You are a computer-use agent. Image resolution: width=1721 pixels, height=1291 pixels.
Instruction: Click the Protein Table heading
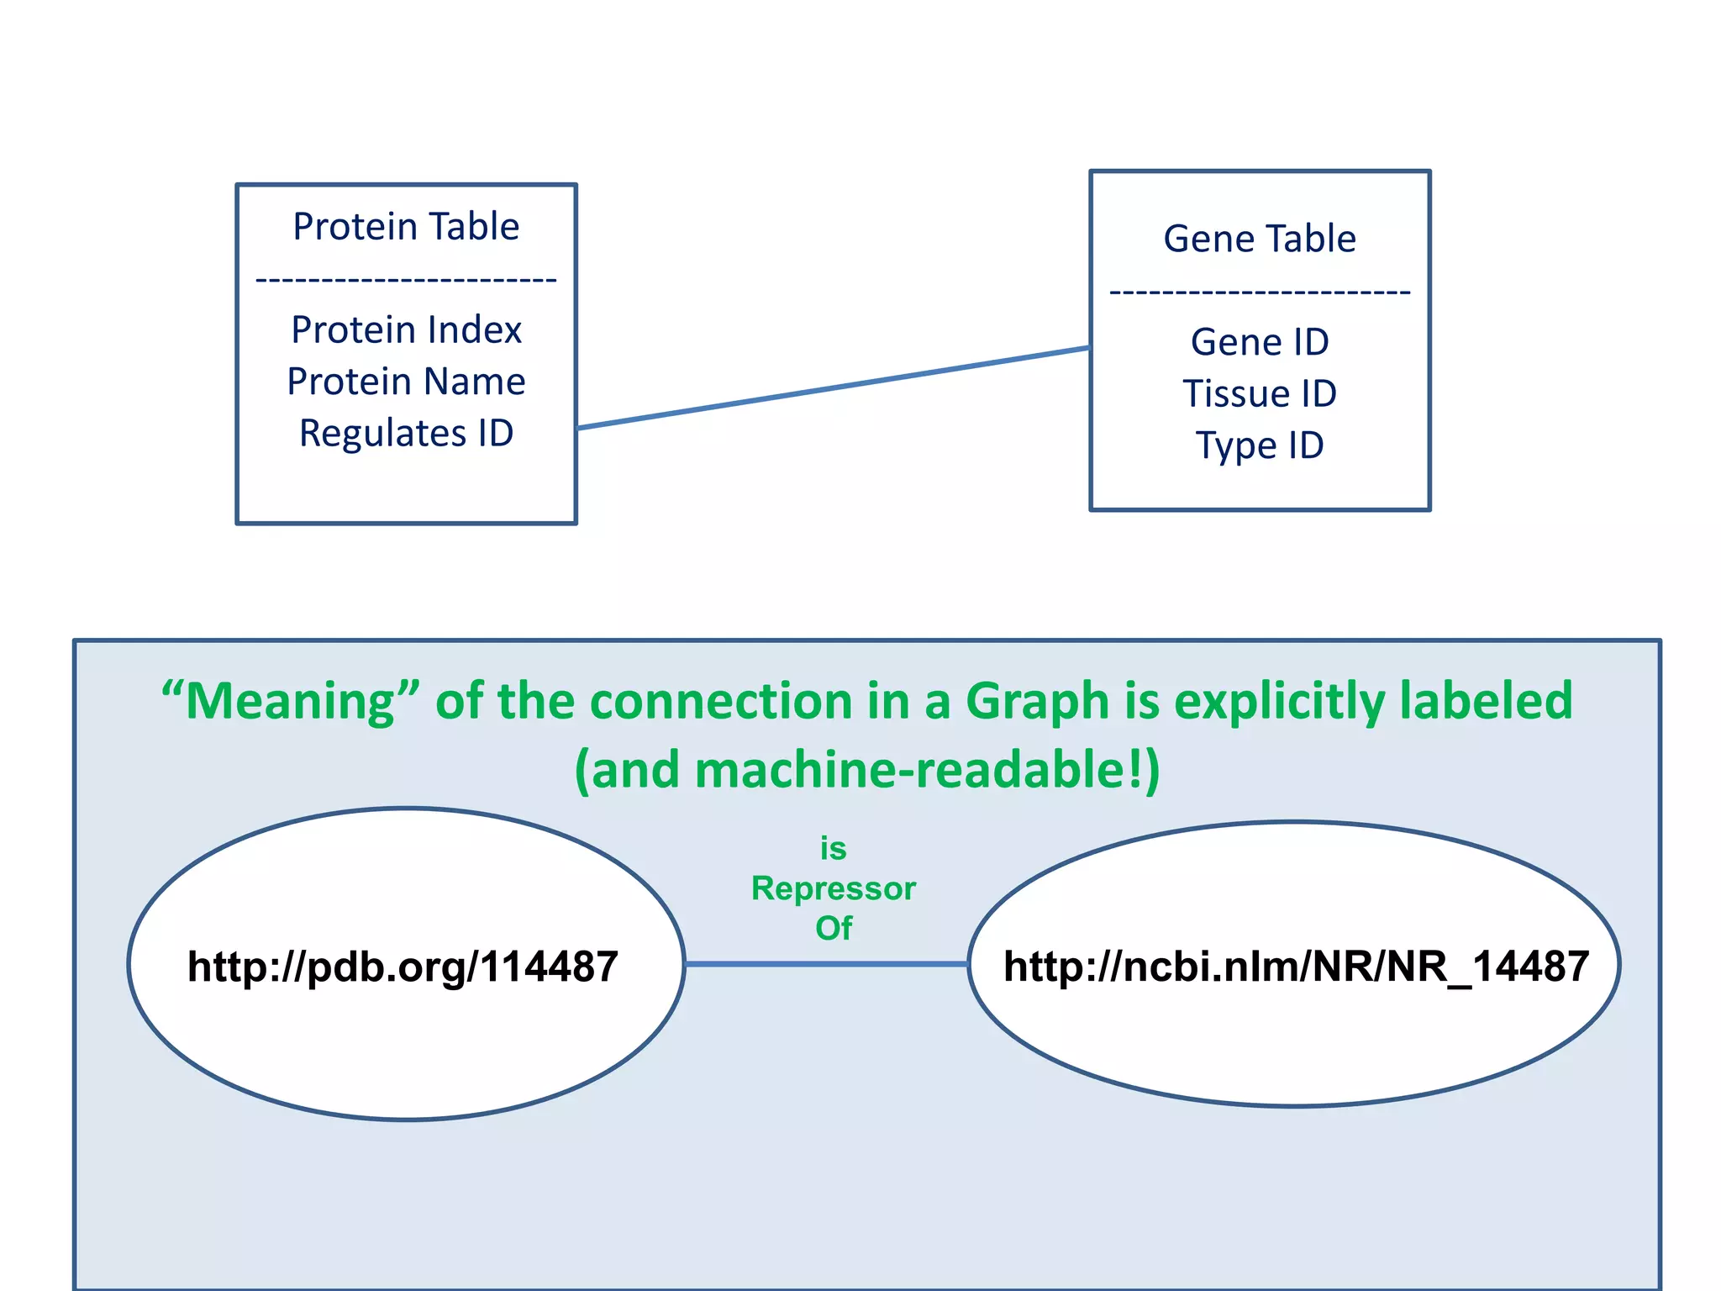[406, 227]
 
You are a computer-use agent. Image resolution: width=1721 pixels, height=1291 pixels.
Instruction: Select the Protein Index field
[406, 329]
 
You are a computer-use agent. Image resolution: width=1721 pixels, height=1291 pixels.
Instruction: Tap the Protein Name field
[406, 382]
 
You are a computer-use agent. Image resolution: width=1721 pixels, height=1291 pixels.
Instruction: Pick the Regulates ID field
[406, 434]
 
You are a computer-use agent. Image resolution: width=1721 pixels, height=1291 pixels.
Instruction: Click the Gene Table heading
[1259, 239]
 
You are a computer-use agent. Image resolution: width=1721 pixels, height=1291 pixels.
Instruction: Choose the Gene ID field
[1259, 342]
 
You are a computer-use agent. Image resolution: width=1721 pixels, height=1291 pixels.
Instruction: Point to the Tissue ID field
[1259, 393]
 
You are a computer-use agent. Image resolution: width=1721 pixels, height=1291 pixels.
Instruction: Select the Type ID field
[1259, 445]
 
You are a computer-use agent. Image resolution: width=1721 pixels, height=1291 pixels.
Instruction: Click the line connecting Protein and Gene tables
[832, 388]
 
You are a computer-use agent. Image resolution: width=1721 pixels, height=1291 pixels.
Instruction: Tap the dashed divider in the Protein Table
[406, 280]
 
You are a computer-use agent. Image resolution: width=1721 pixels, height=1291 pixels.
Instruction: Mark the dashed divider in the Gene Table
[1259, 292]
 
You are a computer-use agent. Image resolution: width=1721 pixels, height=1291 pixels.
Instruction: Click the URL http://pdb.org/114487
[403, 967]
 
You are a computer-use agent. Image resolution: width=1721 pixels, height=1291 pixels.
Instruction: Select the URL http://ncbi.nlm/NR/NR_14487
[1295, 967]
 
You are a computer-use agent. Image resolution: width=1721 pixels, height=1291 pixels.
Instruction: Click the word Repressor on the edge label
[833, 888]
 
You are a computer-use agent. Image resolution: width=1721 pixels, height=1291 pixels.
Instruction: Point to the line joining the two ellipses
[826, 963]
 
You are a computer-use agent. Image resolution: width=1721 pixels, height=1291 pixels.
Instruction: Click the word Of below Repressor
[833, 928]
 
